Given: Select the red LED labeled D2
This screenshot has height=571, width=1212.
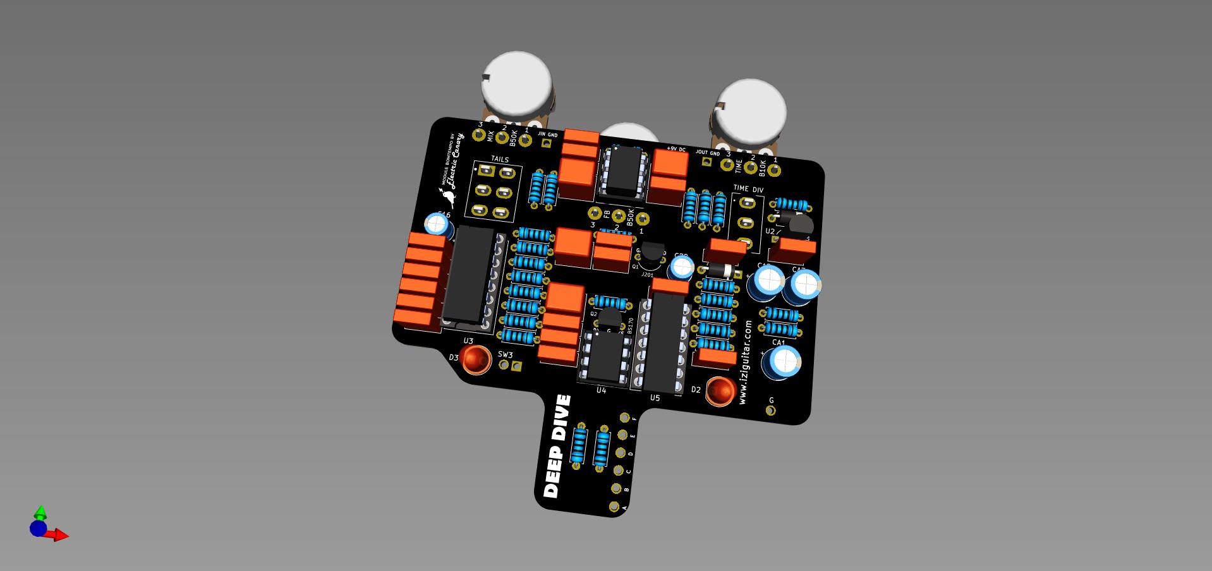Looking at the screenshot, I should click(x=719, y=391).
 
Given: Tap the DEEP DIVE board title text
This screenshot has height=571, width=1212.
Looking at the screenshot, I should click(x=557, y=446).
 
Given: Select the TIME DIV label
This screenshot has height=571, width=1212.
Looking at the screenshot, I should click(x=748, y=189).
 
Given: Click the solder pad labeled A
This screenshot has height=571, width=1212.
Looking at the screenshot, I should click(x=614, y=506).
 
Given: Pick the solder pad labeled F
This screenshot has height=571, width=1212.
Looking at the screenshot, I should click(x=625, y=418).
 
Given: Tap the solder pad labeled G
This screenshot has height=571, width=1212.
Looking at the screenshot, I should click(x=770, y=411).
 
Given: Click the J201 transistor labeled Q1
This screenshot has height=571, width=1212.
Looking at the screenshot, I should click(x=651, y=253).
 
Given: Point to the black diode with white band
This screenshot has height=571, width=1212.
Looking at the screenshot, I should click(x=719, y=270).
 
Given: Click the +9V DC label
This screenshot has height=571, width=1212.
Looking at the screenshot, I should click(x=676, y=150).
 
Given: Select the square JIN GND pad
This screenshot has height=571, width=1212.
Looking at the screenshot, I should click(x=547, y=143).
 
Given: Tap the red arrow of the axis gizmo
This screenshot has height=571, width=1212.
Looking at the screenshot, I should click(x=61, y=536).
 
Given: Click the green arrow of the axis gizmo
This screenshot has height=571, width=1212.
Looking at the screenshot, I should click(x=40, y=511).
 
